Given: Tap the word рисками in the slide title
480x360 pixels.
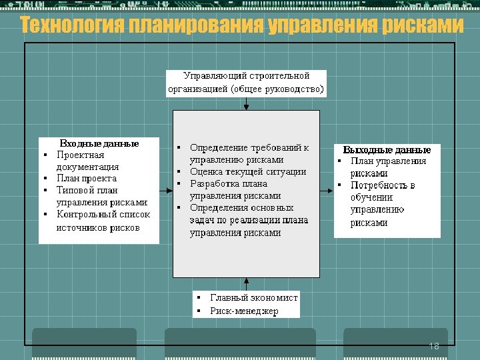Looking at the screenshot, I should pos(423,26).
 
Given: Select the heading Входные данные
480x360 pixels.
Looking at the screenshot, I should pos(99,143).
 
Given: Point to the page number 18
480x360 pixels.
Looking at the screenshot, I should pos(434,346).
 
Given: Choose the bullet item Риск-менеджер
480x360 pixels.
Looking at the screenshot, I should pos(243,311).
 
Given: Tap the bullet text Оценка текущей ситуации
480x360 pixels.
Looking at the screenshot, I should pos(248,171).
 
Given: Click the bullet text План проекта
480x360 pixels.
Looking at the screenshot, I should pos(87,178).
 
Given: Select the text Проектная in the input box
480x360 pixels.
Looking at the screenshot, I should pos(81,155).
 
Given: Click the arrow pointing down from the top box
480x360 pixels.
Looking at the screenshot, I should pos(247,105).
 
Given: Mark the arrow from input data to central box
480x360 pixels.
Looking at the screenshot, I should pos(166,191).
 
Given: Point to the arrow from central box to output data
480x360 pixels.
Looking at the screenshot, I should pos(327,191).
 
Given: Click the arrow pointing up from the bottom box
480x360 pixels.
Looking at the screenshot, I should pos(247,283).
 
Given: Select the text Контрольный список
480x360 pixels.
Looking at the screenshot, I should pos(103,215).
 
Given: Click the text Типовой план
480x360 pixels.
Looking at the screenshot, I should pos(87,190).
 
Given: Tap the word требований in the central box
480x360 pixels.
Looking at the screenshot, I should pos(275,147).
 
